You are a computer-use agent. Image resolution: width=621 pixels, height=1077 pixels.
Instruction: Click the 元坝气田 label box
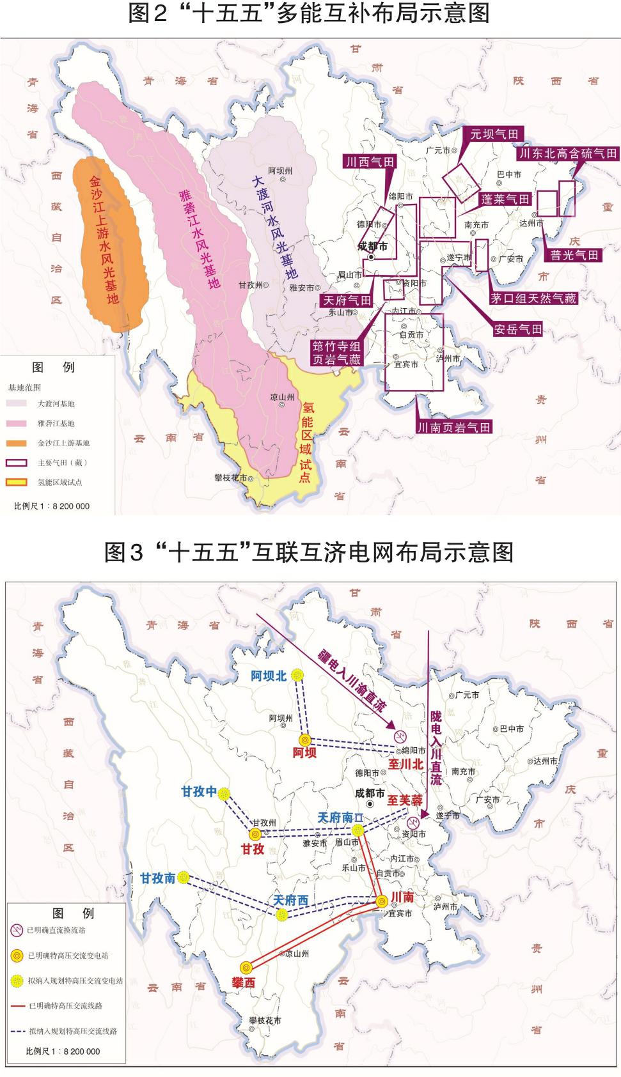click(x=494, y=134)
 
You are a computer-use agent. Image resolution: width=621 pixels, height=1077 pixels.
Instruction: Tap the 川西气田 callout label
click(x=369, y=162)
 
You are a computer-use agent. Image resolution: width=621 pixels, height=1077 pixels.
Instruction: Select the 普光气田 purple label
click(x=574, y=254)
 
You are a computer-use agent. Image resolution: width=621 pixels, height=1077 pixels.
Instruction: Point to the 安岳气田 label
click(x=517, y=329)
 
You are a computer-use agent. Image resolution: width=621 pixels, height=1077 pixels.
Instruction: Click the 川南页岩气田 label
click(x=453, y=427)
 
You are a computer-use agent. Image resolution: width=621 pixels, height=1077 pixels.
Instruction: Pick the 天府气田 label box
click(x=347, y=300)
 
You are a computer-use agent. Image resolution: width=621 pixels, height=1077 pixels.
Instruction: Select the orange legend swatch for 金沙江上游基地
click(x=16, y=443)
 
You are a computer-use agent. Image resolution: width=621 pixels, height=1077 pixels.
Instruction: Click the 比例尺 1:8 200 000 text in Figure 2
click(x=52, y=506)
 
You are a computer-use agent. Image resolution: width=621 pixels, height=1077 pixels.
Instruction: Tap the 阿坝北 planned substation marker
click(x=297, y=675)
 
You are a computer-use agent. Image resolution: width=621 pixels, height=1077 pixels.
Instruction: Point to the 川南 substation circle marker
click(x=382, y=901)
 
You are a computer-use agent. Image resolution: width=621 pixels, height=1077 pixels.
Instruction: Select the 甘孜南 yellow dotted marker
click(x=184, y=877)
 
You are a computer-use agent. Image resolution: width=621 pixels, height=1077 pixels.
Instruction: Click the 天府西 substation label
click(x=291, y=900)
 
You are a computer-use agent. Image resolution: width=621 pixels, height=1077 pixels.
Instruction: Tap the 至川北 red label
click(x=406, y=764)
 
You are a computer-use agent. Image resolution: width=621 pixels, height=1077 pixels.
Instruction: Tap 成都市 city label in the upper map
click(x=372, y=245)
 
